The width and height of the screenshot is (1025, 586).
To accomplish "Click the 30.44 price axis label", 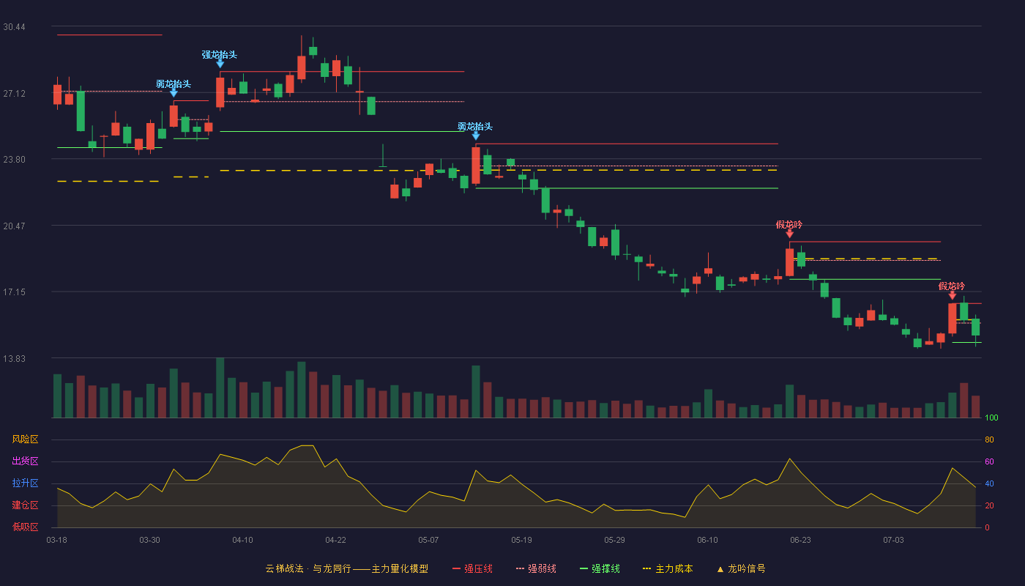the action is tap(14, 27).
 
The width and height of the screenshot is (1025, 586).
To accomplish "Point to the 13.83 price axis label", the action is tap(14, 358).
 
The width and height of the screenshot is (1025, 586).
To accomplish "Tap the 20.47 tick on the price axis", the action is tap(14, 226).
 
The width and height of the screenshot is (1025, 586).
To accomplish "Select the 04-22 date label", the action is tap(335, 541).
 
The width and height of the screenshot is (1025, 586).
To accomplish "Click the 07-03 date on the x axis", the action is tap(893, 541).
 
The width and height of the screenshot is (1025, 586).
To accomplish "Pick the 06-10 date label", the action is tap(707, 541).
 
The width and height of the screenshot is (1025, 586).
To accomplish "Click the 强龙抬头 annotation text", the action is tap(220, 55).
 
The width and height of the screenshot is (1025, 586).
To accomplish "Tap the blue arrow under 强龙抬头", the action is tap(220, 64).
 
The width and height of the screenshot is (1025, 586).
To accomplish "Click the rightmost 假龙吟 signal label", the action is tap(952, 286).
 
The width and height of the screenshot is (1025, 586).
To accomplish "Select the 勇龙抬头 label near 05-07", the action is tap(475, 126).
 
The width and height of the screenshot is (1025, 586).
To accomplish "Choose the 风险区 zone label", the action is tap(25, 439).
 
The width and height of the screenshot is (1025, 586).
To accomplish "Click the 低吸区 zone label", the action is tap(25, 527).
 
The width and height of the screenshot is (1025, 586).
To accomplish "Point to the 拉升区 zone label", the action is tap(25, 483).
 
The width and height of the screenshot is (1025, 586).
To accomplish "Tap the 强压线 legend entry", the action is tap(472, 568).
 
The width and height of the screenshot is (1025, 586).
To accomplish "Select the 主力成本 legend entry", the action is tap(668, 568).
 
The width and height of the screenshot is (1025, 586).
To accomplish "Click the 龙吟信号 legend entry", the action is tap(741, 568).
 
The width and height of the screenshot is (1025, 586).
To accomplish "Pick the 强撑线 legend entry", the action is tap(600, 568).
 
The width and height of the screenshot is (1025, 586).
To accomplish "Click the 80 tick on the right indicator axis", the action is tap(989, 439).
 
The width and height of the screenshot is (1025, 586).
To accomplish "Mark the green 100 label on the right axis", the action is tap(991, 418).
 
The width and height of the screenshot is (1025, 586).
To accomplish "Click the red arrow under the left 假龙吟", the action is tap(790, 234).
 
